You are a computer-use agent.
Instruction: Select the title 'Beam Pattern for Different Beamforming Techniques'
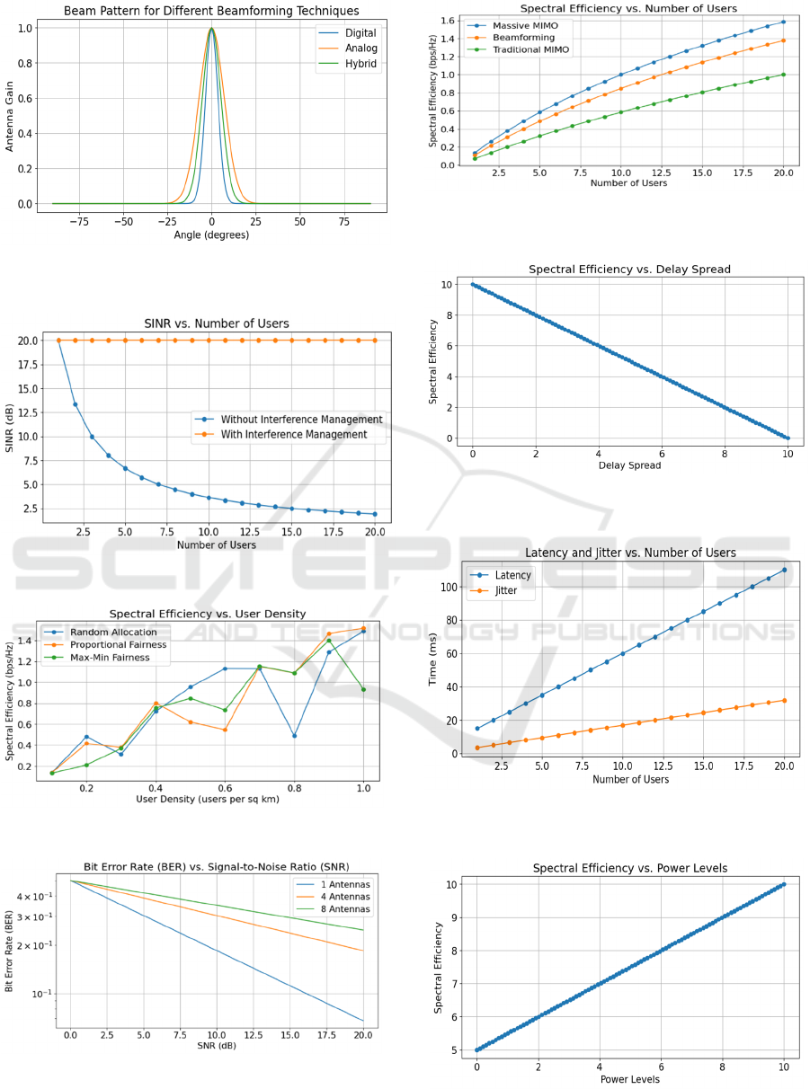211,11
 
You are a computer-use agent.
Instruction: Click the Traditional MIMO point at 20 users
783,75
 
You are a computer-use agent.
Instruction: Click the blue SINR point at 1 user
59,341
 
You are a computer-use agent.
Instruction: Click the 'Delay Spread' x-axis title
628,465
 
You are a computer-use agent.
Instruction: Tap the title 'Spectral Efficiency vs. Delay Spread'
629,269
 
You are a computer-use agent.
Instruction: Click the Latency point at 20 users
784,570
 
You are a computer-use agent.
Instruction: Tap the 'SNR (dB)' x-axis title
217,1046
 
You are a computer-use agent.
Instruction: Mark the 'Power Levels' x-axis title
629,1079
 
